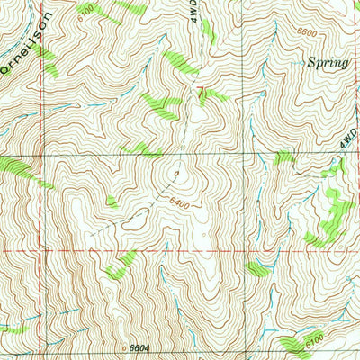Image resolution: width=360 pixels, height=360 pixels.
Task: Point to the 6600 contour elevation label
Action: coord(307,33)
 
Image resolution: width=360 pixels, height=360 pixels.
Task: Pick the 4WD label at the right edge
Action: coord(349,137)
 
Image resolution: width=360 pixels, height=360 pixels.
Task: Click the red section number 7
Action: coord(202,90)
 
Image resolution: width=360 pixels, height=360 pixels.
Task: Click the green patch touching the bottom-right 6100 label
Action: coord(295,345)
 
